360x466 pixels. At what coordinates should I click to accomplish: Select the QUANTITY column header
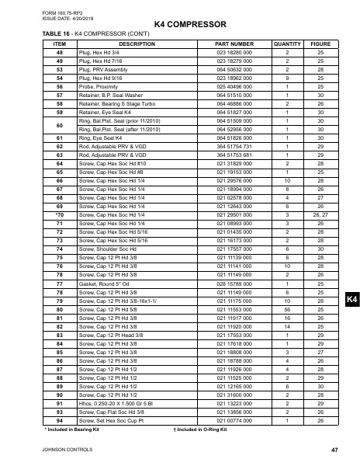point(287,44)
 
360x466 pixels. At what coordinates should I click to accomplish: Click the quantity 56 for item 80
point(287,310)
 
